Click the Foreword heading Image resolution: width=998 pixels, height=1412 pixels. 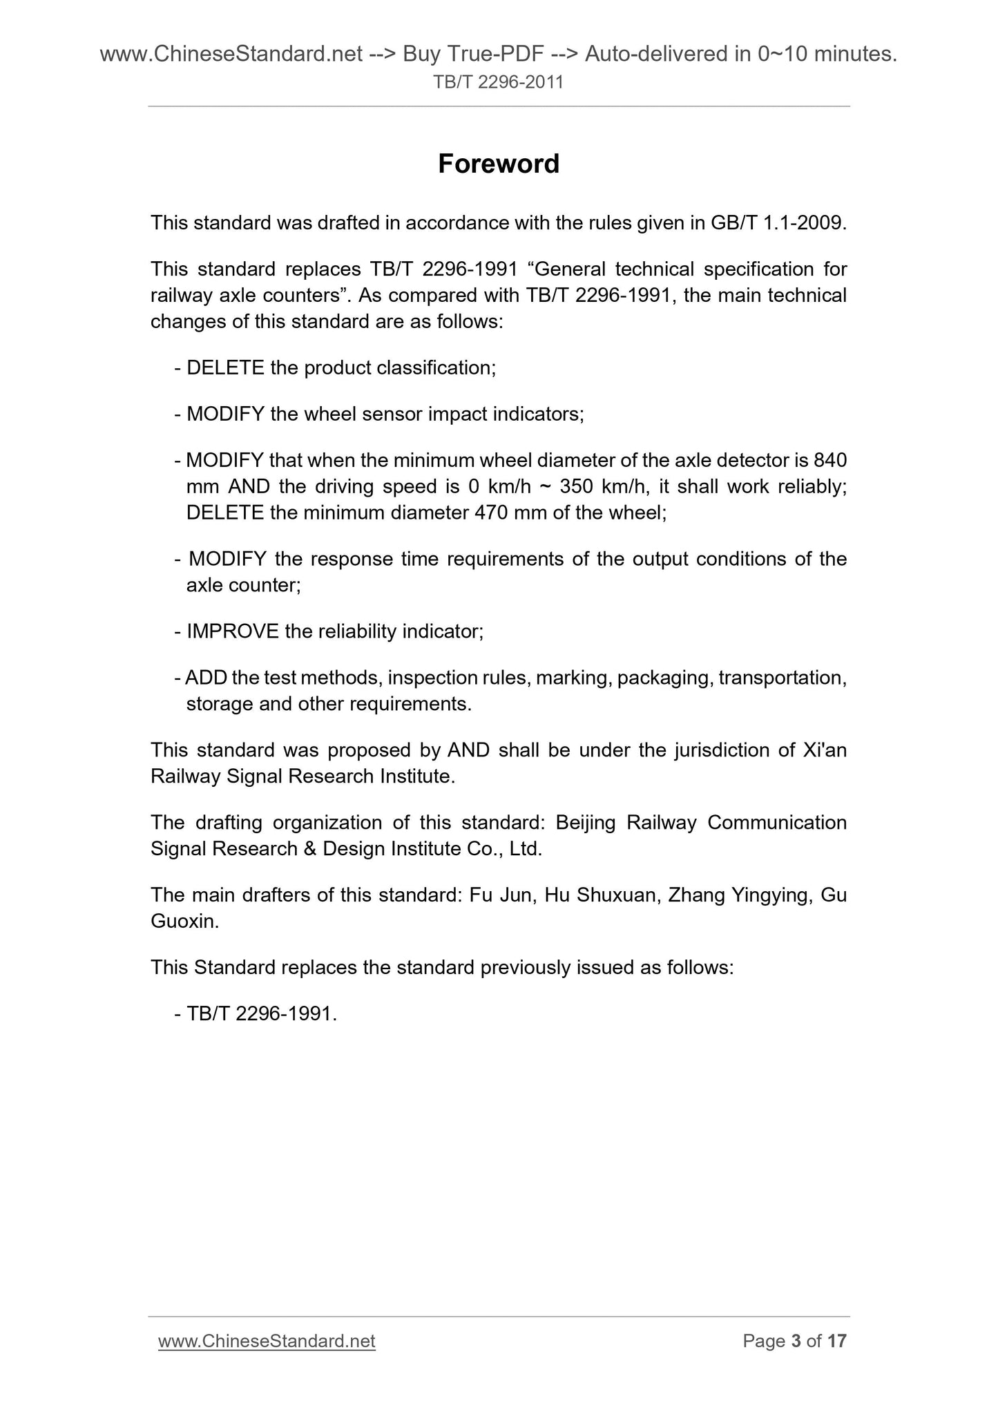(499, 164)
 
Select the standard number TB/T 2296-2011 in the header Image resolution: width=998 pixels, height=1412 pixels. (499, 82)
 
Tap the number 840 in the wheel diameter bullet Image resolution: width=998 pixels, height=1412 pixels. (831, 460)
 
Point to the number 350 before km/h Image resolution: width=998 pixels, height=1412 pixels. (577, 486)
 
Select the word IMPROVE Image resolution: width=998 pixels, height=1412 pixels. (233, 631)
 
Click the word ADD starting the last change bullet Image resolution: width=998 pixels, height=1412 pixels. (206, 678)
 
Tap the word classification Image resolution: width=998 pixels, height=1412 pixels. (436, 368)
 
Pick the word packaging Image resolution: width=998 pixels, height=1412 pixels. (663, 678)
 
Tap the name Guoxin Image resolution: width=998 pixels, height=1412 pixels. (184, 922)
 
